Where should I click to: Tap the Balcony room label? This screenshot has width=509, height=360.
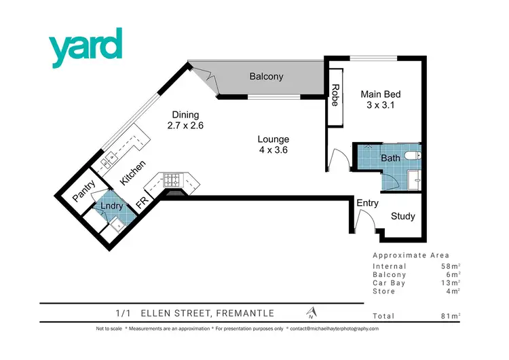(x=265, y=77)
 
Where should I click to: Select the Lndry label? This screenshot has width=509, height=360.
(x=111, y=205)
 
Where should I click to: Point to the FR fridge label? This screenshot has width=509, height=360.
(x=141, y=202)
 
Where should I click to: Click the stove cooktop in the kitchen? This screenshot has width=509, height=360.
(x=171, y=181)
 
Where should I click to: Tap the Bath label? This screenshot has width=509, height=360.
(x=390, y=158)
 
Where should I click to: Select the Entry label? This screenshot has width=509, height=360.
(x=367, y=203)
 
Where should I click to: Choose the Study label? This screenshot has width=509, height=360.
(x=402, y=217)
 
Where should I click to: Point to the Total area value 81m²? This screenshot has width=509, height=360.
(x=450, y=317)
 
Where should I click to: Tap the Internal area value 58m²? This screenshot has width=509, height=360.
(x=450, y=266)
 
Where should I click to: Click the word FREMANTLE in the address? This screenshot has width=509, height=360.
(x=242, y=313)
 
